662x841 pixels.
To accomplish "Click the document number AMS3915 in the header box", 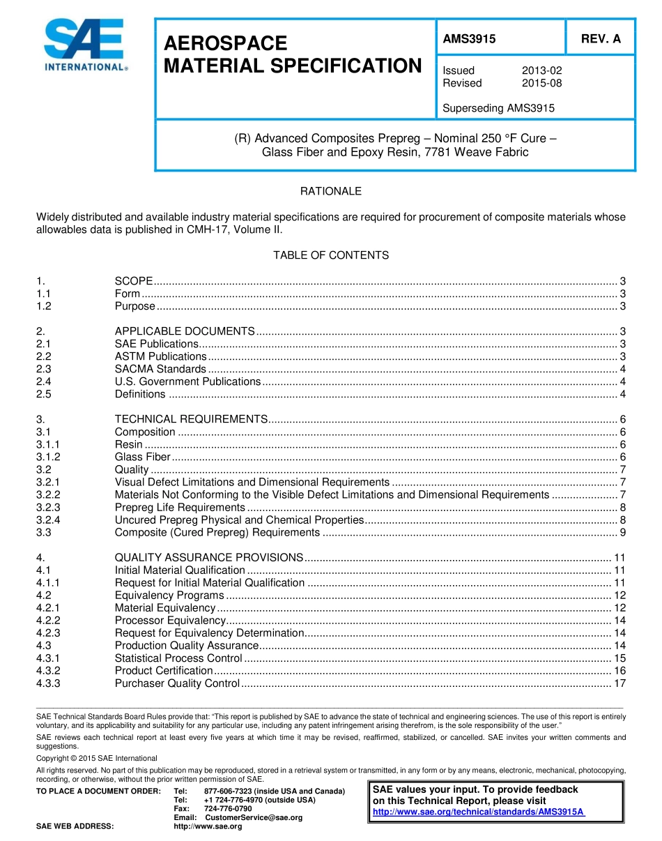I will coord(469,39).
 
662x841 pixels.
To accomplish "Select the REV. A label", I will coord(601,39).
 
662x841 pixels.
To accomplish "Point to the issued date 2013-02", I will coord(541,70).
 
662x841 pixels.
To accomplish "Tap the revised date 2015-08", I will coord(541,83).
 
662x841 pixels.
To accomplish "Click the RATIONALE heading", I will coord(330,191).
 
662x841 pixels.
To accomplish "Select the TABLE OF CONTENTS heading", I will coord(330,255).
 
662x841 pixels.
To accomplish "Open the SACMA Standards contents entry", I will coord(160,369).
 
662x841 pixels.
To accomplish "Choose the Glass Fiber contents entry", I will coord(142,457).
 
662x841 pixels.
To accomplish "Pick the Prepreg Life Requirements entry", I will coord(180,507).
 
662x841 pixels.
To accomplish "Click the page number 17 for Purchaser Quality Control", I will coord(619,683).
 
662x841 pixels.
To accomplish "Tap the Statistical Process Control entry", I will coord(178,658).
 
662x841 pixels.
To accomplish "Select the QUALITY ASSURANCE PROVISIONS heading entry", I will coord(208,558).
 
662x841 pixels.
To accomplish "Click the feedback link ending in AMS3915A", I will coord(479,812).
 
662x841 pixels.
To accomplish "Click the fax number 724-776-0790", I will coord(228,808).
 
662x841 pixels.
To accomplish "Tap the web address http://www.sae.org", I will coord(208,826).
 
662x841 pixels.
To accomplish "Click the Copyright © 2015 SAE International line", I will coord(97,758).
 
